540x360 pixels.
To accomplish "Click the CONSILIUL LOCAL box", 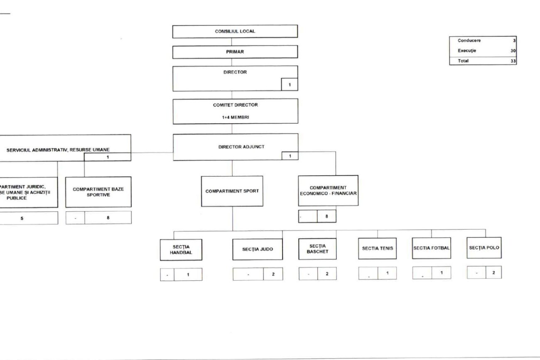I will [235, 32].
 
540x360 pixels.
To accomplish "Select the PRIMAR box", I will [235, 52].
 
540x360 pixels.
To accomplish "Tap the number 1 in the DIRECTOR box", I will [289, 84].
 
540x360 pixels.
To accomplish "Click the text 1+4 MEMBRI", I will [235, 117].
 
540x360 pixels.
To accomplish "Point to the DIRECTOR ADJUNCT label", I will [235, 147].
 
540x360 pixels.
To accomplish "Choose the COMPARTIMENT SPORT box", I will [232, 191].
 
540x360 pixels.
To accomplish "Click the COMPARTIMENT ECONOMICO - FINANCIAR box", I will [328, 191].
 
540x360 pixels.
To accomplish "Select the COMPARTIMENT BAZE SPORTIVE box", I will [98, 192].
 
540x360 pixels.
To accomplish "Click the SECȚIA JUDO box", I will [258, 250].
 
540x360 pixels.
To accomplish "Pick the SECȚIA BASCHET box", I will [317, 249].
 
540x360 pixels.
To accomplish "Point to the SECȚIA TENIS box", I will [378, 248].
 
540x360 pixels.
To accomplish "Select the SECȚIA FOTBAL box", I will [432, 248].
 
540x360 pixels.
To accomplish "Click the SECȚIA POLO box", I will [484, 247].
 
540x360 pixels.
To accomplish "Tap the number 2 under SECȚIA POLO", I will [493, 272].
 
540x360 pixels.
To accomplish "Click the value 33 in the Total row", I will [513, 61].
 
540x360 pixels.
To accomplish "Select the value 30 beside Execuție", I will [513, 51].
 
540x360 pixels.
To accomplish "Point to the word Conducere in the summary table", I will [469, 41].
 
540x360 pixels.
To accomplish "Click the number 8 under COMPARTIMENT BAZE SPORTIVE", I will [108, 218].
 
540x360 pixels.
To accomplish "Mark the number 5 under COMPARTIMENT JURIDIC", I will [22, 218].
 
